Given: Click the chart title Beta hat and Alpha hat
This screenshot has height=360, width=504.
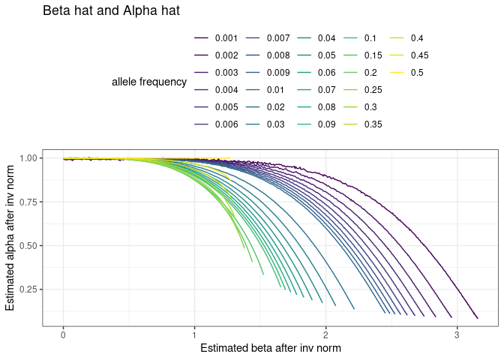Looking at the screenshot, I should pyautogui.click(x=110, y=11).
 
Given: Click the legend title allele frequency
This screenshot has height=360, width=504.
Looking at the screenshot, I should pyautogui.click(x=148, y=82).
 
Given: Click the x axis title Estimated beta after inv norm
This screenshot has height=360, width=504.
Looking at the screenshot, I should pyautogui.click(x=271, y=349).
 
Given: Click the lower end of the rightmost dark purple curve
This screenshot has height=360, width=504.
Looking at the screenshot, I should pyautogui.click(x=477, y=317).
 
